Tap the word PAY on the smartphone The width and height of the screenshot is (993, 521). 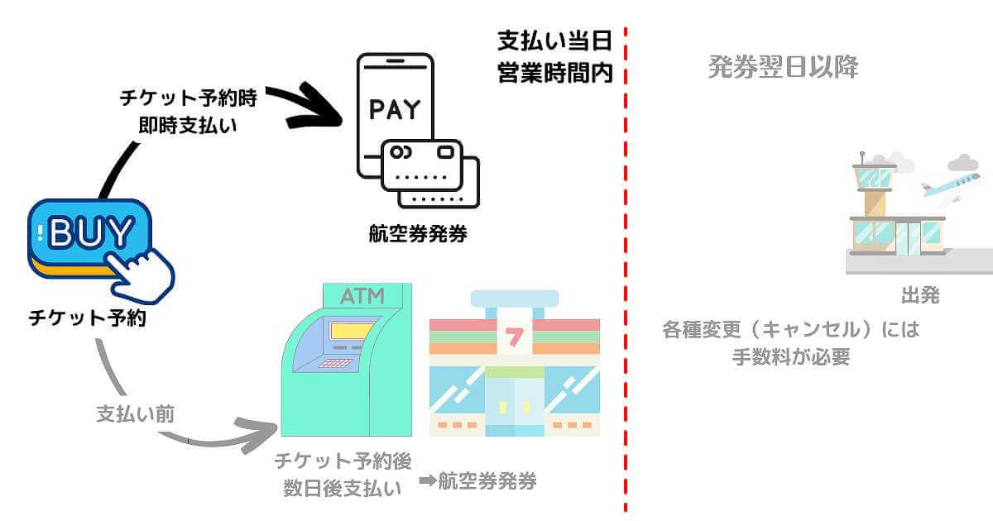pos(394,110)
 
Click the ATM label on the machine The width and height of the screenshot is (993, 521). pos(363,295)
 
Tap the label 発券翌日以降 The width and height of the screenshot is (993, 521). pos(783,67)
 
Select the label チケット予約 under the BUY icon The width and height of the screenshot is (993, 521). pos(87,318)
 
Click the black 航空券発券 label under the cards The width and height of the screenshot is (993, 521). pos(418,234)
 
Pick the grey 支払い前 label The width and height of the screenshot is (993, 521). pos(135,413)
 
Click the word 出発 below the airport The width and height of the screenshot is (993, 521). pos(920,296)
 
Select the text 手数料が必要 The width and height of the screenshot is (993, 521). pos(791,357)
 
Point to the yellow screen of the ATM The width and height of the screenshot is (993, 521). pos(350,332)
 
